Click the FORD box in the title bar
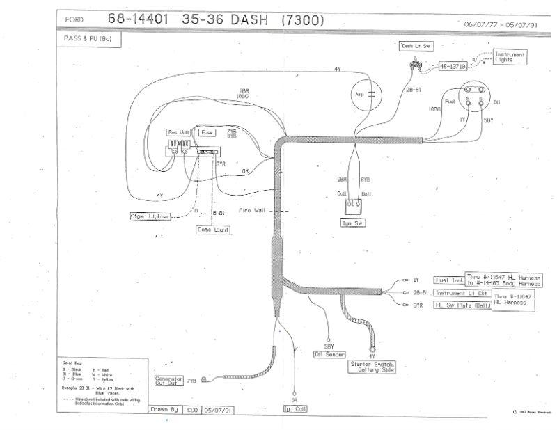74,20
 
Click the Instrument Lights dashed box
510,57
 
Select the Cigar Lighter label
151,216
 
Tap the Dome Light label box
213,229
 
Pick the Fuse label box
207,132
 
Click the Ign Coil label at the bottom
296,409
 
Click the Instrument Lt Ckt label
460,293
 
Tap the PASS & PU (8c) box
83,39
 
